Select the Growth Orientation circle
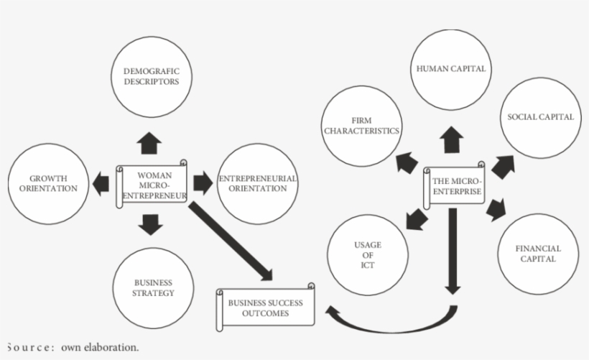click(x=48, y=183)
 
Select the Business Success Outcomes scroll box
click(x=265, y=308)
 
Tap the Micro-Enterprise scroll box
click(x=454, y=186)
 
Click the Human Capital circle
click(x=451, y=69)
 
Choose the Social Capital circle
click(x=539, y=118)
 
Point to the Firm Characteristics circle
click(x=361, y=127)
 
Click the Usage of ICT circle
click(x=368, y=255)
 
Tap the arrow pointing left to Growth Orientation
click(x=101, y=183)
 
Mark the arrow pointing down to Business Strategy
click(x=151, y=225)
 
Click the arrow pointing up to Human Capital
click(x=452, y=139)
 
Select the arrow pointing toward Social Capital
click(x=502, y=165)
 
